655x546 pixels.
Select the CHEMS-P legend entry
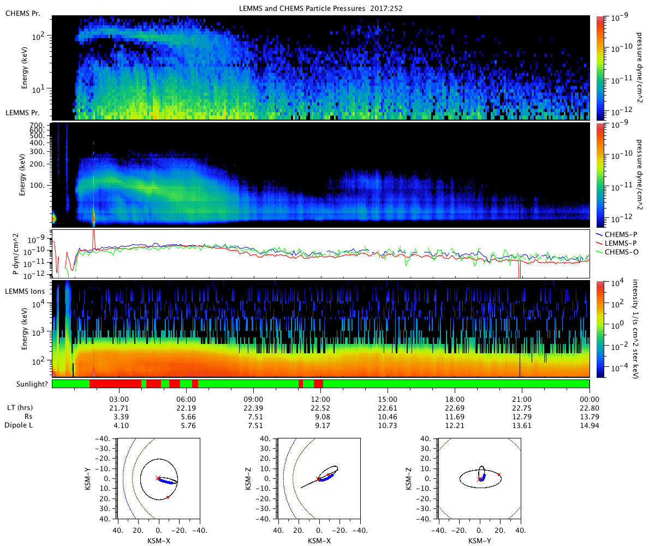(x=619, y=234)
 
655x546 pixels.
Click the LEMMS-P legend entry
(x=619, y=243)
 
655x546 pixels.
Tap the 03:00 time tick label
(x=120, y=399)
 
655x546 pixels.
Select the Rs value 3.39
(x=120, y=417)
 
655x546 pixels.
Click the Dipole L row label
(x=20, y=425)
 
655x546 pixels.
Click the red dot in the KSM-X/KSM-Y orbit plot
(x=168, y=497)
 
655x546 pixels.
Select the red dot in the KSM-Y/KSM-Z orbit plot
(x=499, y=474)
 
